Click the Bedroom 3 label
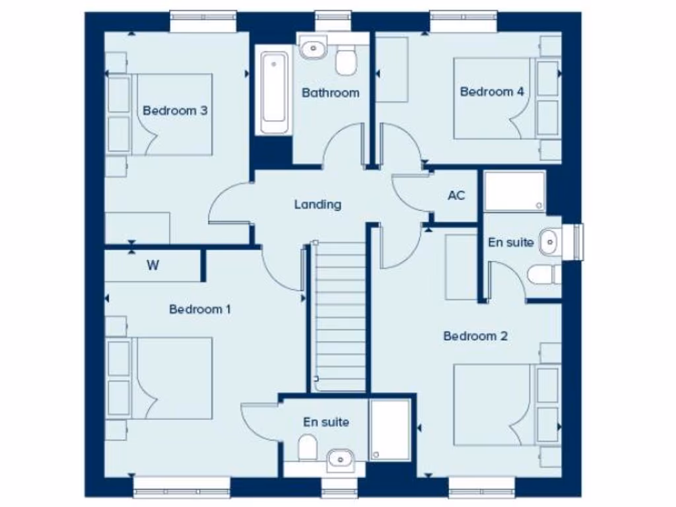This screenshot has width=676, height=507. click(x=175, y=110)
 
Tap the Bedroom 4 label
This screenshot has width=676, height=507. click(x=492, y=92)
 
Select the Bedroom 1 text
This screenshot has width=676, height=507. click(x=199, y=309)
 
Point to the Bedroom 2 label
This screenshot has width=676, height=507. click(x=475, y=336)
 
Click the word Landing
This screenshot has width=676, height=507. click(x=318, y=205)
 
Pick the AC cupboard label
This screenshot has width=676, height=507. click(x=456, y=195)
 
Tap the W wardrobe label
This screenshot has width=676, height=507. click(x=152, y=266)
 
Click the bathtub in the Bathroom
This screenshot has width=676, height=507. click(x=275, y=93)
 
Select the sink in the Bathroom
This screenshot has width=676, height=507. click(x=313, y=48)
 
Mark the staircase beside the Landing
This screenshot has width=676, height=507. click(x=339, y=317)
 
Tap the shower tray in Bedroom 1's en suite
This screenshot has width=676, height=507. click(x=391, y=429)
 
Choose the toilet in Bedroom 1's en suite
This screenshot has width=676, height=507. click(x=307, y=448)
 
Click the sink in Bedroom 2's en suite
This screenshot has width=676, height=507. click(x=549, y=242)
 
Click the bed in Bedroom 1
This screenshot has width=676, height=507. click(x=165, y=378)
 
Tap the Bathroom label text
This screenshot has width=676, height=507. click(x=330, y=93)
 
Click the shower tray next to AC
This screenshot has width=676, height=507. click(x=514, y=191)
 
